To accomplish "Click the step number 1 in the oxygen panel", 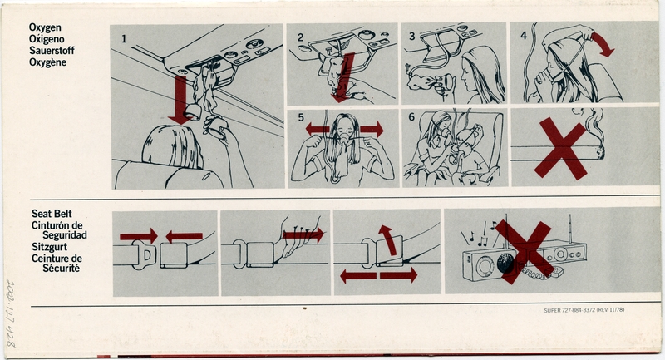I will (123, 38).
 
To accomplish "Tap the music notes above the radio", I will (484, 227).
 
